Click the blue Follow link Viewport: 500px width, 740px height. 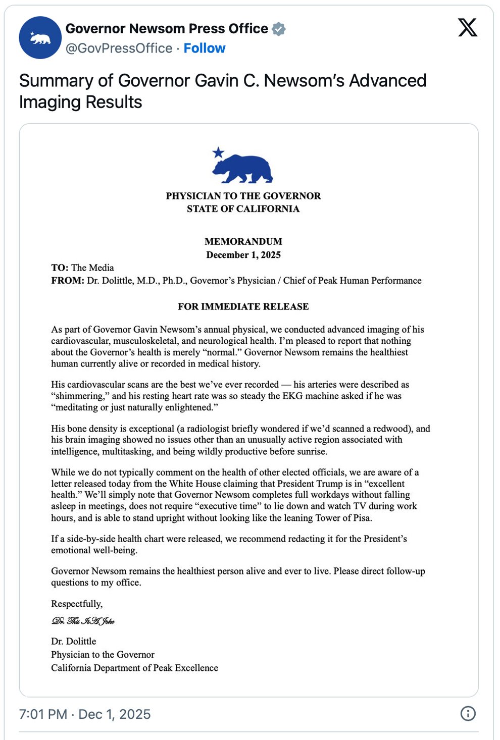click(205, 48)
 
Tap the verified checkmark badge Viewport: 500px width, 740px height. click(279, 29)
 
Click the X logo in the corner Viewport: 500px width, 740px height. click(468, 27)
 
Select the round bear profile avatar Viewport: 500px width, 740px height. click(40, 38)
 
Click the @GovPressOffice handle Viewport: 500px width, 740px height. click(119, 48)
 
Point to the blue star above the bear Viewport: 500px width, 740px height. click(218, 152)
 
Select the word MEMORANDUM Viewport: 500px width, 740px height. click(243, 242)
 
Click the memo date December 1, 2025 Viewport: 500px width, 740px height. click(243, 255)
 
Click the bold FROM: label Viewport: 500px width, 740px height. click(68, 281)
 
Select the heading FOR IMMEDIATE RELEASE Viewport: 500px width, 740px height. click(243, 307)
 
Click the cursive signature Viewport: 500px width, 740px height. click(83, 621)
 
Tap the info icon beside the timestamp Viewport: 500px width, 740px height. click(468, 714)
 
